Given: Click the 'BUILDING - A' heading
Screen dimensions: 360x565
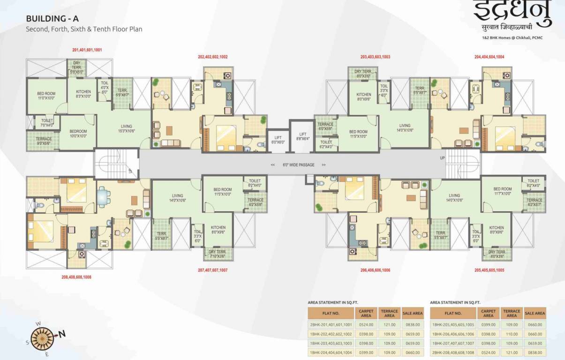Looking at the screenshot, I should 52,19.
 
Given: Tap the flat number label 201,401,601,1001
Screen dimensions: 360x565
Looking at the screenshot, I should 87,49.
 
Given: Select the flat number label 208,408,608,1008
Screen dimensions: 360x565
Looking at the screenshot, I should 76,277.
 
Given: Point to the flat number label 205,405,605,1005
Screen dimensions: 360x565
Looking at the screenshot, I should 490,270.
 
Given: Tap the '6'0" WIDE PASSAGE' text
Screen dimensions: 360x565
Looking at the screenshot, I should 298,165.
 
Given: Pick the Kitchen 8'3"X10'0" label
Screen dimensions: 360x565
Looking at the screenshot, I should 83,94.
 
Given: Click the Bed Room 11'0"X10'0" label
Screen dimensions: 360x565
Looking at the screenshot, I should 46,96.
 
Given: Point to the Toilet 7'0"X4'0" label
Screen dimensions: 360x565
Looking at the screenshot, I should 47,123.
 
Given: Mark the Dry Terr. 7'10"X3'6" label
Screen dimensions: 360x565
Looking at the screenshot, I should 218,254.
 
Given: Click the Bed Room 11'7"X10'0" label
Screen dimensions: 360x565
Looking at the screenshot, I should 503,192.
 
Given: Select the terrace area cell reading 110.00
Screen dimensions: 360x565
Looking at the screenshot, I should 512,334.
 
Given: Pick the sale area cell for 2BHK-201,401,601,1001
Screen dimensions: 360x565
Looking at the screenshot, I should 413,324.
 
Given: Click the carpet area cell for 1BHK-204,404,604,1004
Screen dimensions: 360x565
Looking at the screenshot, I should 366,352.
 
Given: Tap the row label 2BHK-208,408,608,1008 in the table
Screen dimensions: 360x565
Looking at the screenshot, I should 452,352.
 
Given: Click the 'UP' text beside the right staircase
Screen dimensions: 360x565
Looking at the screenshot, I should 442,158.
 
